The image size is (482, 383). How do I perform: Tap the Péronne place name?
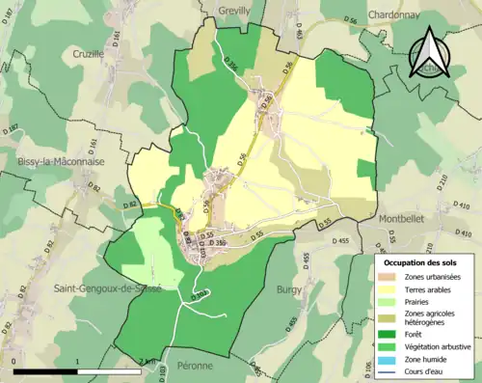pyautogui.click(x=200, y=367)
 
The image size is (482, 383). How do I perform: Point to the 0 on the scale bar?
pyautogui.click(x=15, y=364)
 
